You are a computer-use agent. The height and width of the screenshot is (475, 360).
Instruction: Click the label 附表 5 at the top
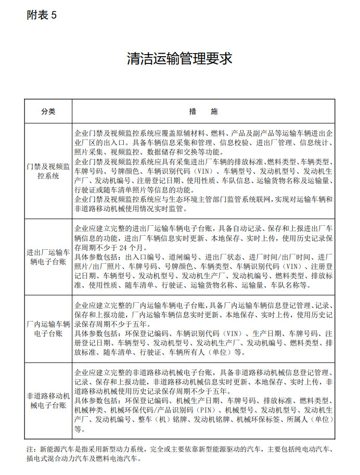pos(41,15)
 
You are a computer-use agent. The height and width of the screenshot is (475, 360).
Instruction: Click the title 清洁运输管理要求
pos(179,58)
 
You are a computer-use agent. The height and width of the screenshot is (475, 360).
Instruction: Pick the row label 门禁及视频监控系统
pos(48,171)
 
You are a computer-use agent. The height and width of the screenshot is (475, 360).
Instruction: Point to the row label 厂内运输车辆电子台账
pos(48,329)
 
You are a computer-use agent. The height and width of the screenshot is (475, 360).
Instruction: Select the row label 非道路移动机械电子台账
pos(48,401)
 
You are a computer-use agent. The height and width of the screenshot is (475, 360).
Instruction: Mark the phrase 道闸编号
pos(182,257)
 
